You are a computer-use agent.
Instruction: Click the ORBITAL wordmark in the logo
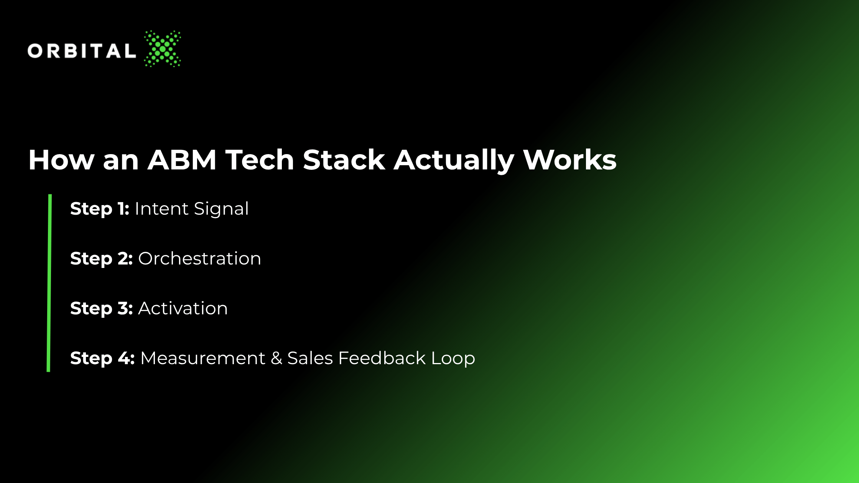click(82, 51)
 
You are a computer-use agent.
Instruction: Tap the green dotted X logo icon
click(163, 49)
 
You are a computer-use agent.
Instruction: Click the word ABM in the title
click(182, 159)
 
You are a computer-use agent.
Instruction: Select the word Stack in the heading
click(344, 159)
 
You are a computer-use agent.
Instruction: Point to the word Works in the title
click(570, 159)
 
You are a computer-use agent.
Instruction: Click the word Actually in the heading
click(454, 161)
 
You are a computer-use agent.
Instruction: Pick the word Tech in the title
click(260, 159)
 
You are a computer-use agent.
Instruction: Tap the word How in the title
click(61, 159)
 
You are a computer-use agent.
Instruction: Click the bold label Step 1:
click(100, 209)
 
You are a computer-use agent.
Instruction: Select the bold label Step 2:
click(101, 259)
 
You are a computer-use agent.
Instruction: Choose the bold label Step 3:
click(101, 309)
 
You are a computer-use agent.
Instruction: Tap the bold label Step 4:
click(102, 359)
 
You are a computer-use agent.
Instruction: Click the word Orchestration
click(199, 259)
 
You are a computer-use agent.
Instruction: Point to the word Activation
click(183, 309)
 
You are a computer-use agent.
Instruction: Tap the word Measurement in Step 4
click(203, 358)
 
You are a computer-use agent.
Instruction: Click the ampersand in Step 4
click(276, 358)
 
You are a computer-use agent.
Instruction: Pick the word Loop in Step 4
click(453, 359)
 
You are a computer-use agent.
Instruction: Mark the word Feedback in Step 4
click(382, 358)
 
